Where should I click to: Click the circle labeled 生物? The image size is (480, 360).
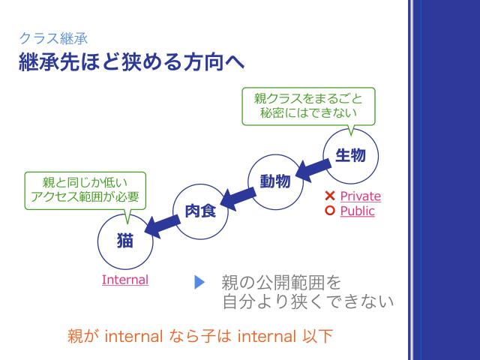pos(350,155)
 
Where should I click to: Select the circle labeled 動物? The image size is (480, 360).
pos(275,181)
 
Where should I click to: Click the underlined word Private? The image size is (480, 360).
pos(360,196)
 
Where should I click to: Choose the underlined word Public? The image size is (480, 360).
pos(357,211)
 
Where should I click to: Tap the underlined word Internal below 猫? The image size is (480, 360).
pos(125,280)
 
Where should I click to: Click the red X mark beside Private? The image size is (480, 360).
pos(329,196)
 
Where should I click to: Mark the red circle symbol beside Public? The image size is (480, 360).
pos(329,211)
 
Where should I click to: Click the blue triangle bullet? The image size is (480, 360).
pos(199,283)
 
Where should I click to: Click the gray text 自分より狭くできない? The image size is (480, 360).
pos(307,302)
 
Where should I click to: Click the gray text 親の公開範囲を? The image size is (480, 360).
pos(281,283)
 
